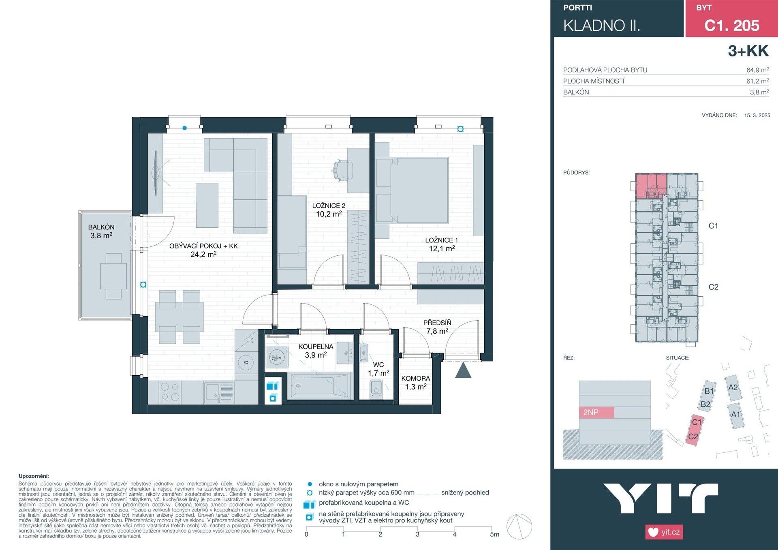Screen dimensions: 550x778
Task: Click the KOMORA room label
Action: pyautogui.click(x=415, y=378)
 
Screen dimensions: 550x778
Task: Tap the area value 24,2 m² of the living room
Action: pyautogui.click(x=203, y=255)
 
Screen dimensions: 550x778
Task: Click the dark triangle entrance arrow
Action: pyautogui.click(x=463, y=371)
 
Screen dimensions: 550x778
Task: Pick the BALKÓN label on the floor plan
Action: pyautogui.click(x=101, y=227)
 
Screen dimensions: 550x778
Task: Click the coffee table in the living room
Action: pyautogui.click(x=207, y=205)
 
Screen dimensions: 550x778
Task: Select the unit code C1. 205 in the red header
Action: pyautogui.click(x=731, y=26)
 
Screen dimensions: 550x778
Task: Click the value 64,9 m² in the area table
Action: pyautogui.click(x=757, y=70)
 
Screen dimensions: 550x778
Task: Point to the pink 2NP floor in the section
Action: pyautogui.click(x=596, y=413)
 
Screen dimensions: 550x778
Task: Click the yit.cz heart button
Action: pyautogui.click(x=664, y=532)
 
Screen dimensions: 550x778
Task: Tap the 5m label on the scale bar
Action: pyautogui.click(x=494, y=535)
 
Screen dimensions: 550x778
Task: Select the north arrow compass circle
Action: pyautogui.click(x=519, y=526)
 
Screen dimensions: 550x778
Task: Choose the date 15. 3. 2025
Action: pyautogui.click(x=757, y=116)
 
